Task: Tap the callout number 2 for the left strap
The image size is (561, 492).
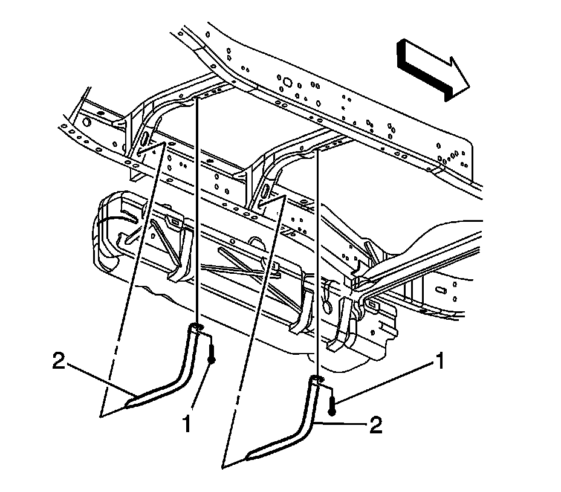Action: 58,361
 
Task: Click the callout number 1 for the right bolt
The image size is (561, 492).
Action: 440,363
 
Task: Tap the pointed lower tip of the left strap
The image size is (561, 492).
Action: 129,400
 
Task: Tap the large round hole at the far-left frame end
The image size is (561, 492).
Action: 86,121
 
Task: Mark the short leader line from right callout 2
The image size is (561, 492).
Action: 344,425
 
